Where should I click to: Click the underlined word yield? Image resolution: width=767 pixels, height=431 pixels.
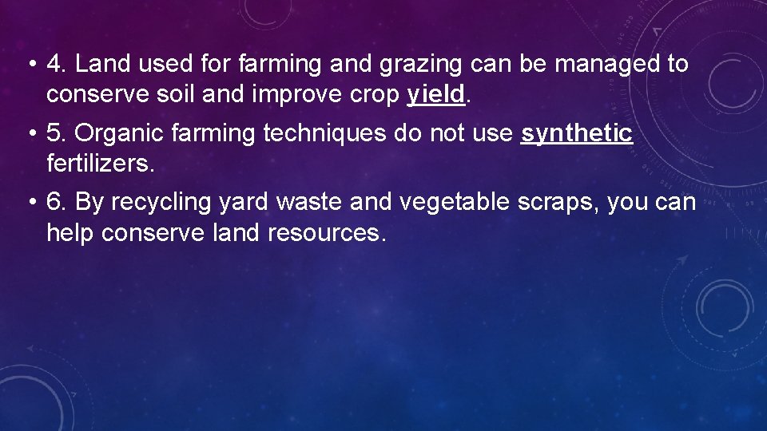point(435,95)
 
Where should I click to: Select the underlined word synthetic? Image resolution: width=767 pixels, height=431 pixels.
point(576,133)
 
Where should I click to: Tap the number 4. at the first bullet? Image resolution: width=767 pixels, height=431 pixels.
point(56,64)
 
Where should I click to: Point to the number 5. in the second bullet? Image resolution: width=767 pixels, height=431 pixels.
point(56,133)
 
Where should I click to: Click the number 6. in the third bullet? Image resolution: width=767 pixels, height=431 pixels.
point(56,202)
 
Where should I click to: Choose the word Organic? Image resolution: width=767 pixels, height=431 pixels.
point(121,133)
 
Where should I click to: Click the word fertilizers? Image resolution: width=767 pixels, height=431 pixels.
point(99,164)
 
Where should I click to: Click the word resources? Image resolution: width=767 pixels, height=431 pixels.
point(328,233)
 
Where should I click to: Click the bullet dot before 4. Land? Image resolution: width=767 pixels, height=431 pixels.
point(30,65)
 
